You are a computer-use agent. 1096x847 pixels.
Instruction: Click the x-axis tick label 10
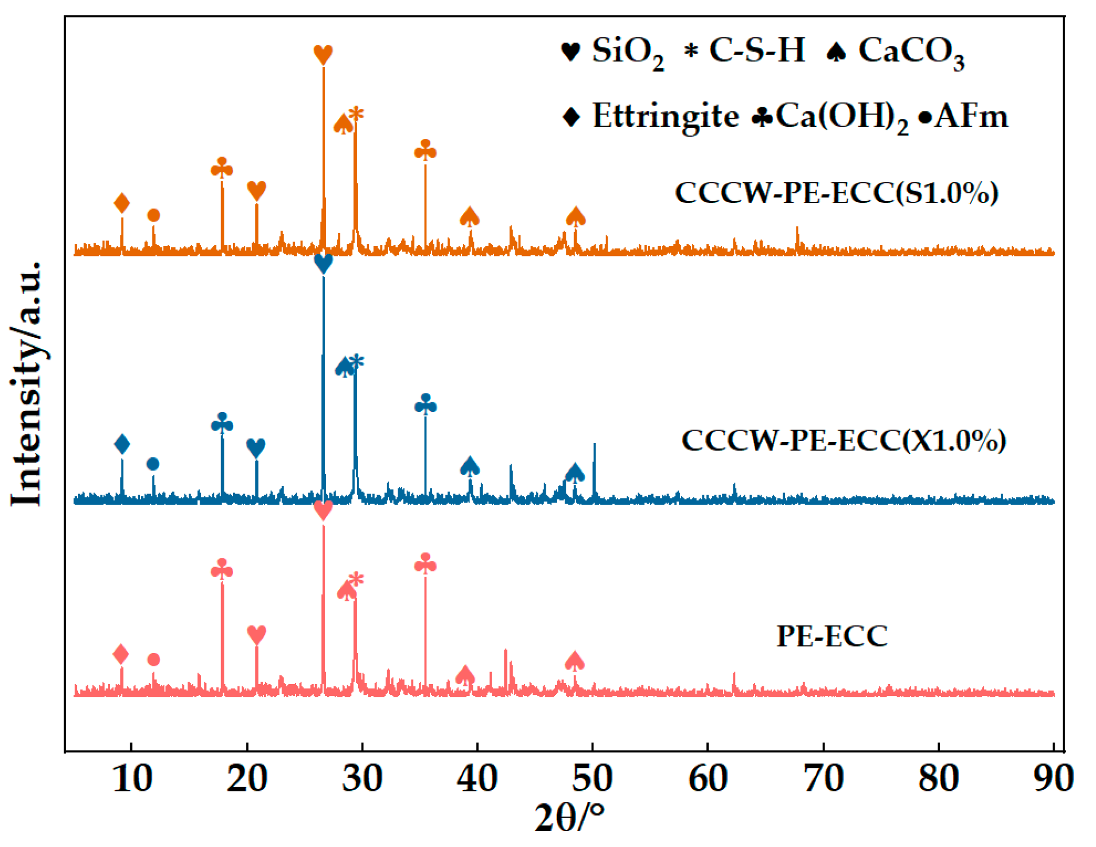click(x=132, y=779)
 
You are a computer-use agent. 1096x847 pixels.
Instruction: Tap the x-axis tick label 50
click(x=592, y=779)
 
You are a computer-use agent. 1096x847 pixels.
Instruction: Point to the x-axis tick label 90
click(x=1054, y=779)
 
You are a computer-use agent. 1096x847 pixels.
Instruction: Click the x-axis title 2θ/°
click(x=569, y=818)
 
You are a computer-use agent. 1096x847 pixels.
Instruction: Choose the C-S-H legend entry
click(x=745, y=50)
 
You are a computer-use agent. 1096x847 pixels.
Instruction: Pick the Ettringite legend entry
click(x=651, y=116)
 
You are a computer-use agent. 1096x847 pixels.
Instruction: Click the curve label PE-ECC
click(x=831, y=636)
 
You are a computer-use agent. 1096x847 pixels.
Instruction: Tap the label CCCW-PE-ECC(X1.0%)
click(x=843, y=441)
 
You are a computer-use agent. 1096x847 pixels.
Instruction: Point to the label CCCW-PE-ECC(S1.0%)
click(x=836, y=192)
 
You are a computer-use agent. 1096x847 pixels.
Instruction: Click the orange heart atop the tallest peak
click(x=323, y=55)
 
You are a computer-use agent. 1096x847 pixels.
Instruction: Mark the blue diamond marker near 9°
click(x=122, y=444)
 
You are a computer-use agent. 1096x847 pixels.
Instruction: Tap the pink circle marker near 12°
click(x=153, y=659)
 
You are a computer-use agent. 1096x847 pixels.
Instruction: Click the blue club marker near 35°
click(x=425, y=405)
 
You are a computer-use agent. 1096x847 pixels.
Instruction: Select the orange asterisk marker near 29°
click(x=356, y=114)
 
